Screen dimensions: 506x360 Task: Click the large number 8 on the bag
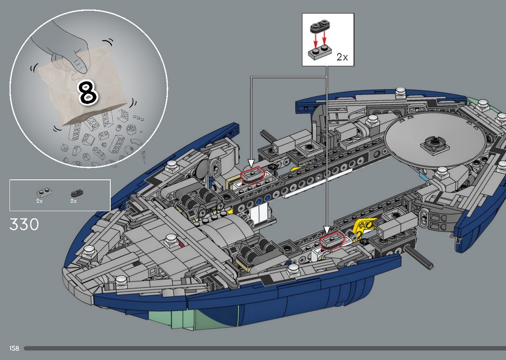[88, 93]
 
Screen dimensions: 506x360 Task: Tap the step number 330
[24, 224]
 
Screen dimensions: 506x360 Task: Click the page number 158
[14, 348]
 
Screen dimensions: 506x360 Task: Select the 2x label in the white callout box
[342, 57]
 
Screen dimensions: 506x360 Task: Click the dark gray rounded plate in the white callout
[320, 26]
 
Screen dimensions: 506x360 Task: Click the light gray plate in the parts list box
[44, 193]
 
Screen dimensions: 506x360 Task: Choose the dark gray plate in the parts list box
[77, 193]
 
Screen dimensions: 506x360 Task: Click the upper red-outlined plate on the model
[252, 175]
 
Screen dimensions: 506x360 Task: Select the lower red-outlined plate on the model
[332, 240]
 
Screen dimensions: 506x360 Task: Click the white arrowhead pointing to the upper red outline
[251, 163]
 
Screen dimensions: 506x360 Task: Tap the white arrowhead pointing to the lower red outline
[327, 230]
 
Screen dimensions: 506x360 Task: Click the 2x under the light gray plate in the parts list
[39, 201]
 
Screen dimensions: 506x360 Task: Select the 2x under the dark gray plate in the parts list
[74, 201]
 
